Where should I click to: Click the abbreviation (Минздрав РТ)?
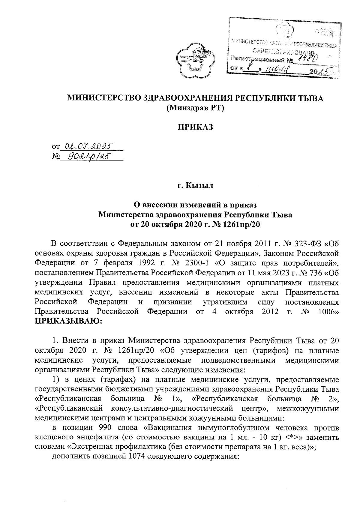195,108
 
